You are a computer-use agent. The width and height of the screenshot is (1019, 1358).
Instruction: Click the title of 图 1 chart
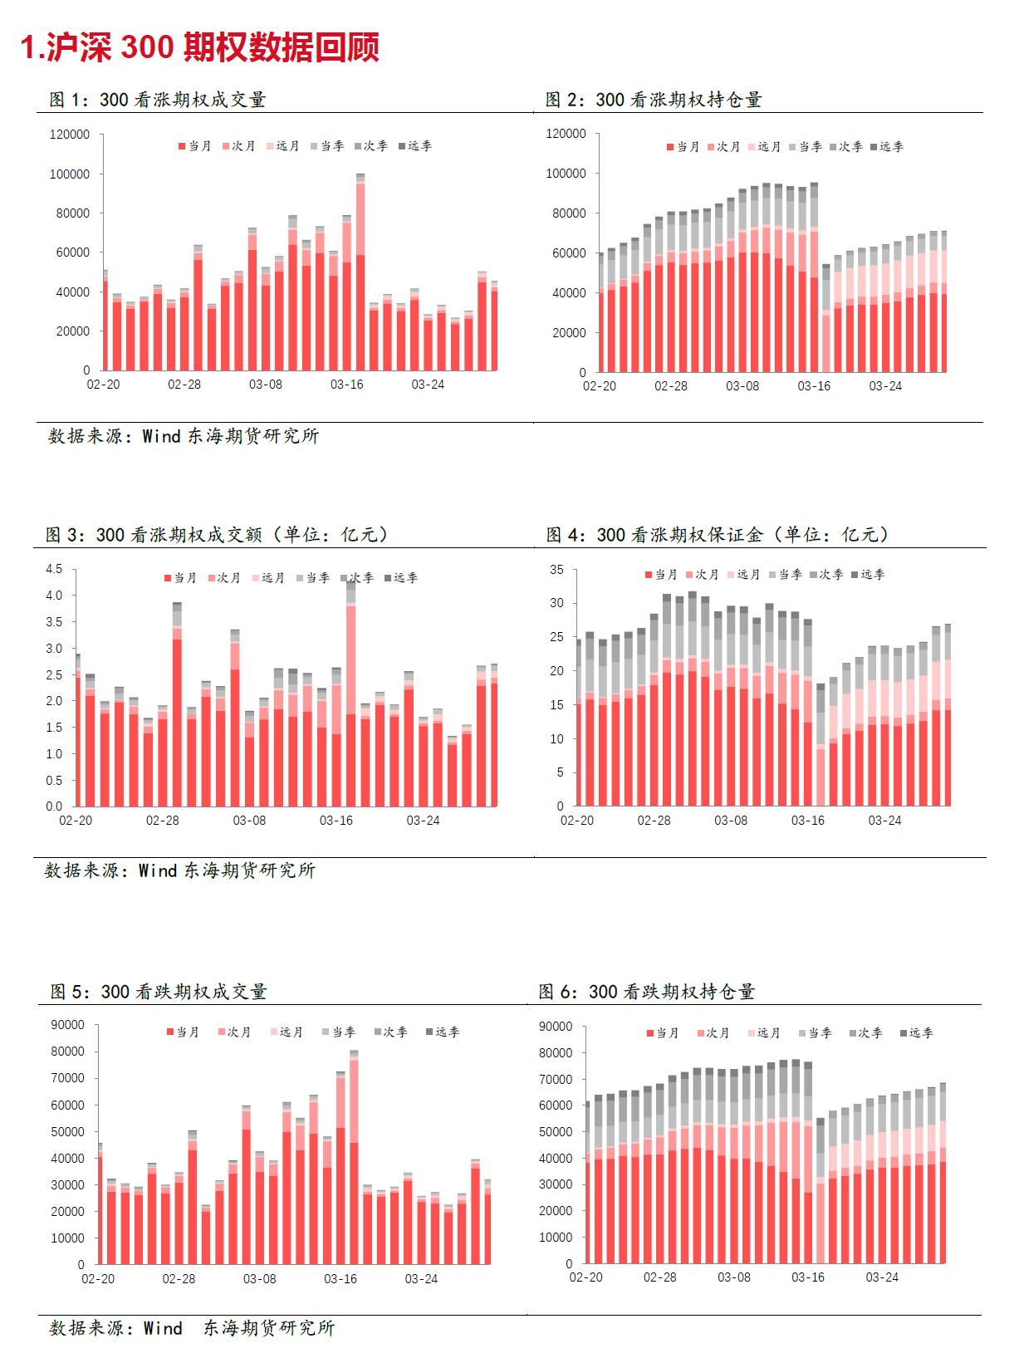158,100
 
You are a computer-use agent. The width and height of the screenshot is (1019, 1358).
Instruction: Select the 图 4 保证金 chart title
718,535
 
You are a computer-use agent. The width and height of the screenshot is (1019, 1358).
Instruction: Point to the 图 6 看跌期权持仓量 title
646,992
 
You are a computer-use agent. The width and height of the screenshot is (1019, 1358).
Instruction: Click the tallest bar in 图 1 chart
360,272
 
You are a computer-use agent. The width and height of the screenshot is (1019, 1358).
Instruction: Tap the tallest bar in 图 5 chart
354,1157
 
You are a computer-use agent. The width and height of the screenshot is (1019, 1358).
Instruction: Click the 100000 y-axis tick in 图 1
69,174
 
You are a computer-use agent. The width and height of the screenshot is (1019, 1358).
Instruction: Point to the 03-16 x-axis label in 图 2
814,386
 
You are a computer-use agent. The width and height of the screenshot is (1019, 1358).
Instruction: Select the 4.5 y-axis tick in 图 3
54,569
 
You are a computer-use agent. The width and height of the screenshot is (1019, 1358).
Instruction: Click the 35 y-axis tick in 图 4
556,569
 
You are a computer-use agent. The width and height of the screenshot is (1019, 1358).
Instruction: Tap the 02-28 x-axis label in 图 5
179,1279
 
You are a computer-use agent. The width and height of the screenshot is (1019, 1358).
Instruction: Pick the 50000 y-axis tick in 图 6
556,1131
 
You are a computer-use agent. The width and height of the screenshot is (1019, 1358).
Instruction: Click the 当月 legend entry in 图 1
195,146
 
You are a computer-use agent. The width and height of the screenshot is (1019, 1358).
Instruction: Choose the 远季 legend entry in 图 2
887,147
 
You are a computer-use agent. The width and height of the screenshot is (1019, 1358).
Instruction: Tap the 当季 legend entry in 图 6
816,1032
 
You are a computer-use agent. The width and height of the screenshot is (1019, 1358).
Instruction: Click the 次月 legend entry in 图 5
234,1032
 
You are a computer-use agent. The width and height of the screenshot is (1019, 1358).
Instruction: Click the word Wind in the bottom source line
163,1328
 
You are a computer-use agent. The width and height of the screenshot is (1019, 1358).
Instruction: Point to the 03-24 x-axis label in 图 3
423,821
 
